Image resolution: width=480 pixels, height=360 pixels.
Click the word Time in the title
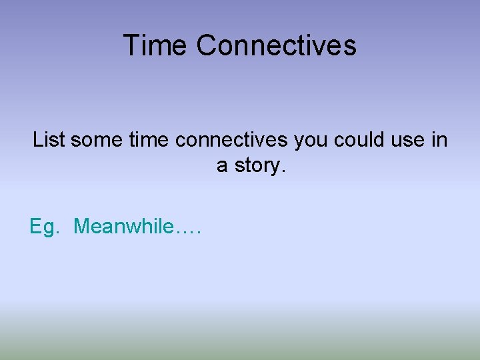(x=156, y=45)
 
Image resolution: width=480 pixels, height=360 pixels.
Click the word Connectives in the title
(x=277, y=45)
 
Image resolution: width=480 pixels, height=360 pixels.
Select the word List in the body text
(x=49, y=140)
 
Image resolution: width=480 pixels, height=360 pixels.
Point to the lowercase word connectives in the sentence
(x=231, y=140)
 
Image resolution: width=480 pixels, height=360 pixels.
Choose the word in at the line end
(x=440, y=140)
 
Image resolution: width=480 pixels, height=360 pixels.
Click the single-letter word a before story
(x=222, y=166)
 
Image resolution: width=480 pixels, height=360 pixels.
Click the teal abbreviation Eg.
(x=45, y=227)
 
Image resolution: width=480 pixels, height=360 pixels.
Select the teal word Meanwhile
(x=123, y=227)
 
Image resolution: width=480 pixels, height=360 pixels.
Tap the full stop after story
(x=283, y=171)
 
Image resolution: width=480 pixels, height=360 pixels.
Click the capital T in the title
(x=131, y=45)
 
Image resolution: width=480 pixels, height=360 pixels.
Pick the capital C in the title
(x=205, y=45)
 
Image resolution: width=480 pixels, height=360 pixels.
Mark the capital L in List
(x=37, y=140)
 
